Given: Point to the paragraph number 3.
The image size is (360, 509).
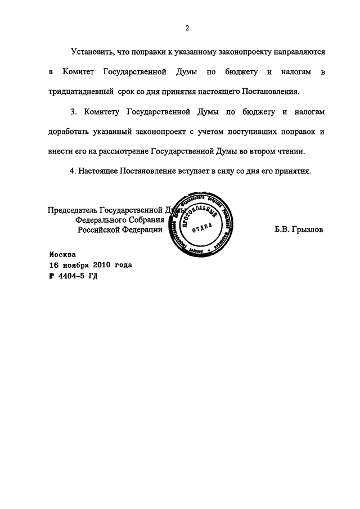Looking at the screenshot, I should (x=72, y=112).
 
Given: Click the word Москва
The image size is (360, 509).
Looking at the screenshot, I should (x=62, y=254).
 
